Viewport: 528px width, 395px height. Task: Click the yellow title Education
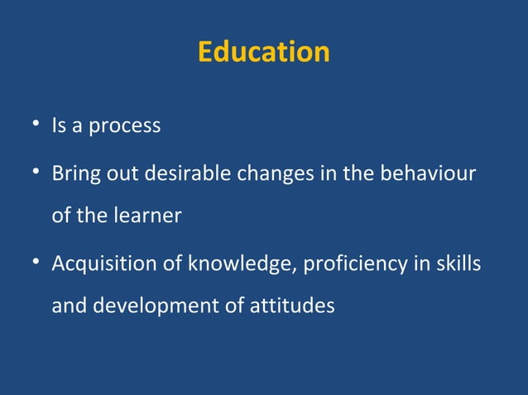[263, 52]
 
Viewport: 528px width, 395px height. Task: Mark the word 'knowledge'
[241, 264]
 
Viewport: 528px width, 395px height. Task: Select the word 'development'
[156, 306]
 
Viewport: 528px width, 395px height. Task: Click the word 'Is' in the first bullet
[59, 127]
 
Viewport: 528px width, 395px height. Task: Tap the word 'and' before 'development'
[69, 305]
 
